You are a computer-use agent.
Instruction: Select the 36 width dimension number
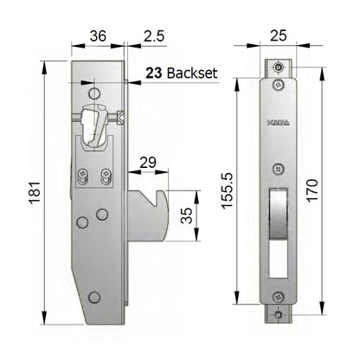(x=98, y=37)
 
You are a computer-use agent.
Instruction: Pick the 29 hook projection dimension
(x=147, y=163)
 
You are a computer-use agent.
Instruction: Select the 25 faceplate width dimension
(x=278, y=37)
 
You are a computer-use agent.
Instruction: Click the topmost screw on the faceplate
(x=278, y=68)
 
